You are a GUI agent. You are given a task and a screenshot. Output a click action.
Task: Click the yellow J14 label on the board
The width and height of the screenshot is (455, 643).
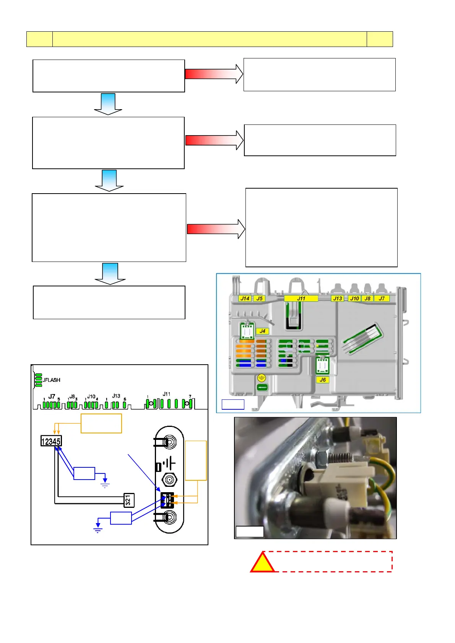pyautogui.click(x=245, y=299)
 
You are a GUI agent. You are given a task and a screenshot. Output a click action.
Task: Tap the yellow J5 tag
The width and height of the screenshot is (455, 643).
pyautogui.click(x=260, y=299)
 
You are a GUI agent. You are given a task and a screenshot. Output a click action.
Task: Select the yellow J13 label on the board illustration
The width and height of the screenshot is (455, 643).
pyautogui.click(x=337, y=299)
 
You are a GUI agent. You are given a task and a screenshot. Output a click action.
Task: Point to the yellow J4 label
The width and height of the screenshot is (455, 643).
pyautogui.click(x=262, y=331)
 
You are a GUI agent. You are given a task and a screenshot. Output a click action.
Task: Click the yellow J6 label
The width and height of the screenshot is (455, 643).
pyautogui.click(x=323, y=380)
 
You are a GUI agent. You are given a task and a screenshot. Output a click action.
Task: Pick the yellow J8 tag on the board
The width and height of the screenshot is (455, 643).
pyautogui.click(x=367, y=299)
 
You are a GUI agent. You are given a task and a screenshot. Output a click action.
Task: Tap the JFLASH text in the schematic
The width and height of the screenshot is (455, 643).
pyautogui.click(x=52, y=380)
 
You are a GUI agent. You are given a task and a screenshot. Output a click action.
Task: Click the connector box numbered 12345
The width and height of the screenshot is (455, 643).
pyautogui.click(x=51, y=441)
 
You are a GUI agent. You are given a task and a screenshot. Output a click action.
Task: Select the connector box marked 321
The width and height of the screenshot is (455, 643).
pyautogui.click(x=128, y=500)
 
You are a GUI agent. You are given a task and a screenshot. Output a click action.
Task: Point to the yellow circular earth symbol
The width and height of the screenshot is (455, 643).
pyautogui.click(x=262, y=378)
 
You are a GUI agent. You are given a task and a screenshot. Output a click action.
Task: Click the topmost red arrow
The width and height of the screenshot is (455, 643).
pyautogui.click(x=214, y=74)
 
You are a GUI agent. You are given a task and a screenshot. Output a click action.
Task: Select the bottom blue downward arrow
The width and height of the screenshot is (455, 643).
pyautogui.click(x=110, y=273)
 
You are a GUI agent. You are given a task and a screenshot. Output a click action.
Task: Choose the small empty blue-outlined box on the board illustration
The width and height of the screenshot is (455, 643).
pyautogui.click(x=233, y=404)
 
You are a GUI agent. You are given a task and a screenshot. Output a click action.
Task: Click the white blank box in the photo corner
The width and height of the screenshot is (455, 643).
pyautogui.click(x=249, y=532)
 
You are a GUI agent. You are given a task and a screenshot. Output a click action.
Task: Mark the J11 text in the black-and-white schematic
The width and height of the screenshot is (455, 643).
pyautogui.click(x=166, y=394)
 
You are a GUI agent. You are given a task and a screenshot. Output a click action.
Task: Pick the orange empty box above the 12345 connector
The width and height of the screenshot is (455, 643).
pyautogui.click(x=101, y=423)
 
